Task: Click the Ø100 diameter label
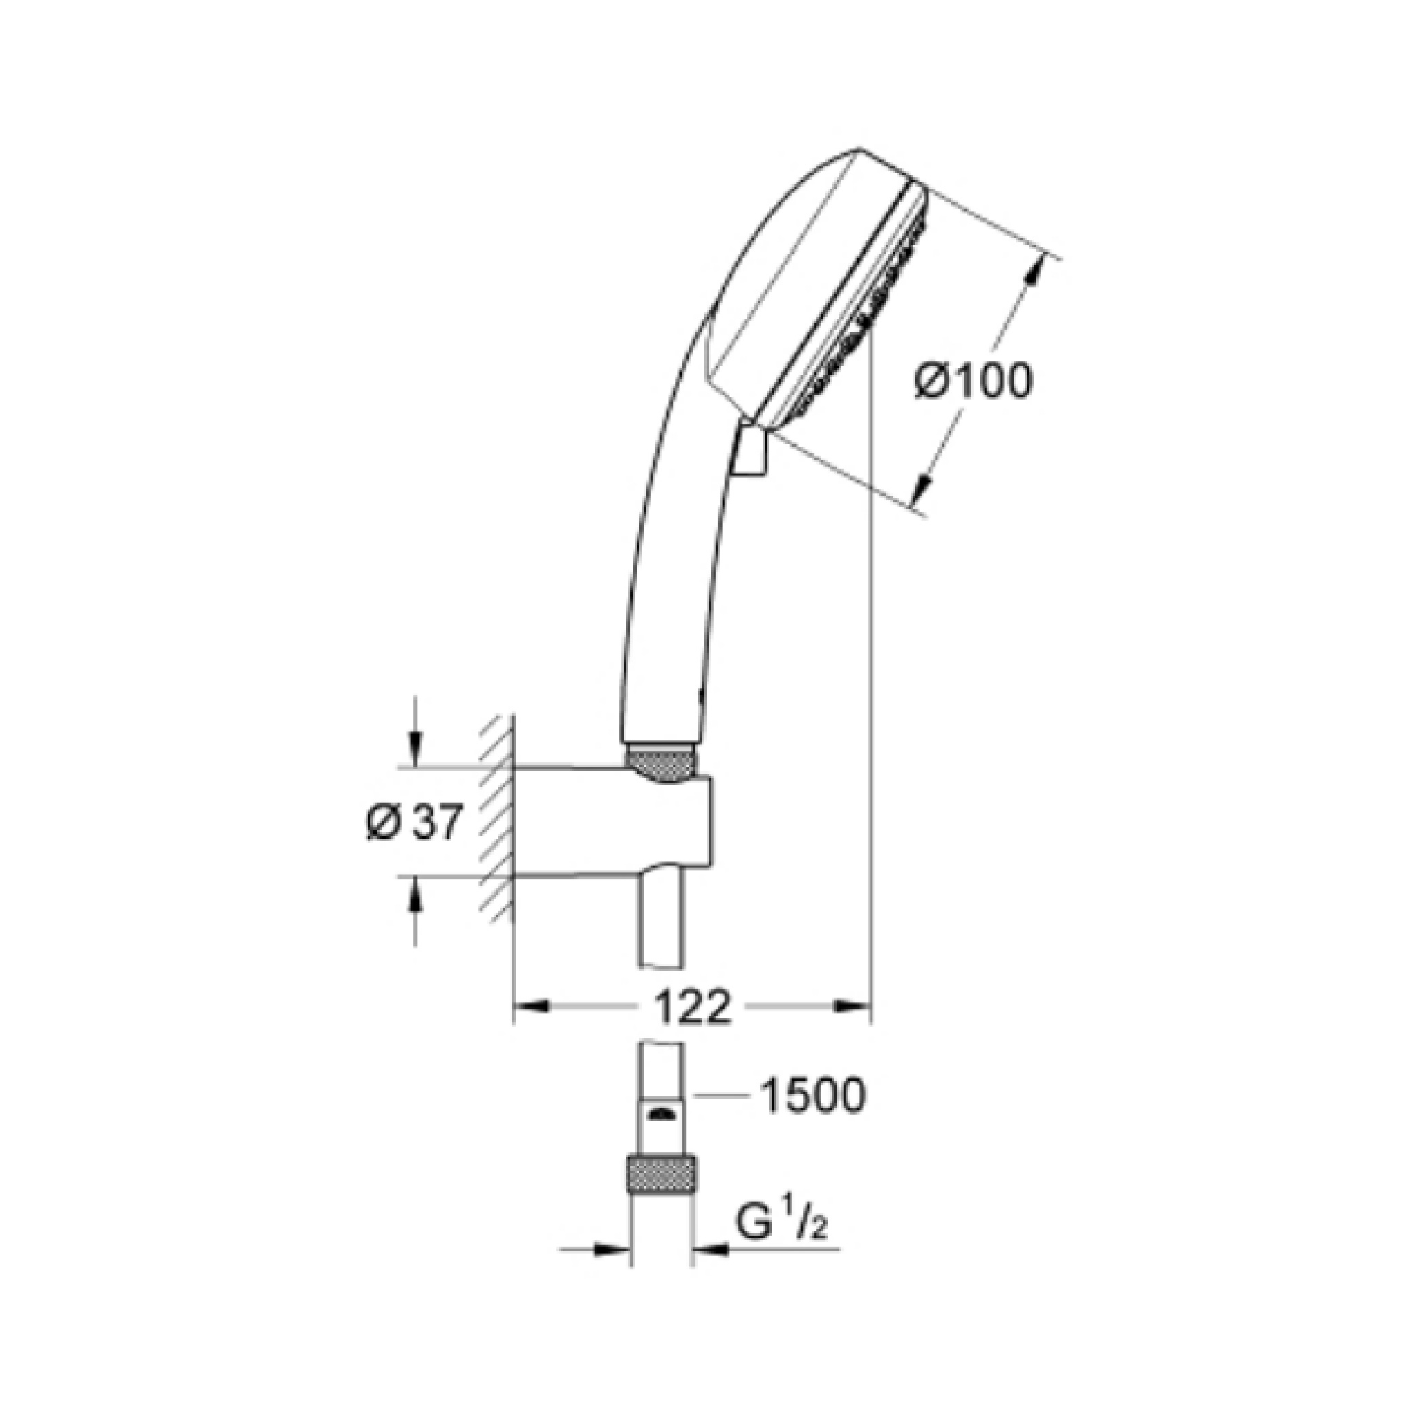(974, 383)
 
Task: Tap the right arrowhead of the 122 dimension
(853, 1006)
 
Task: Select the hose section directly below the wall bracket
(661, 922)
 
